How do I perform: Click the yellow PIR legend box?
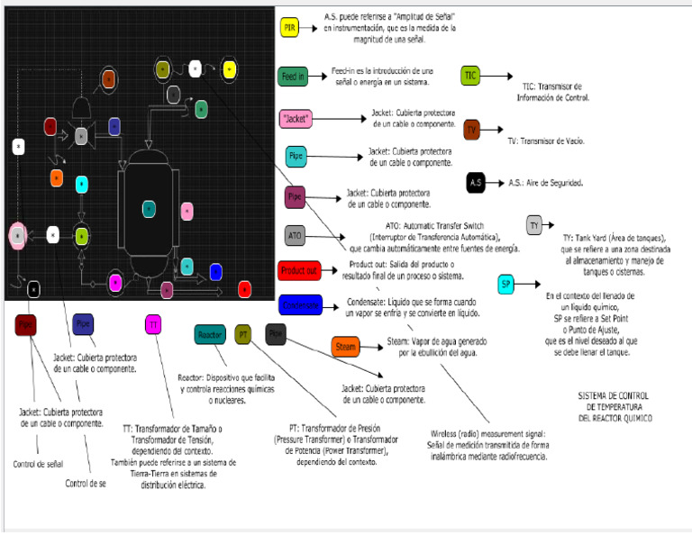(289, 28)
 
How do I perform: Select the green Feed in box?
(293, 77)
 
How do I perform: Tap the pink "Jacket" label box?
(296, 118)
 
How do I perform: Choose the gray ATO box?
(295, 236)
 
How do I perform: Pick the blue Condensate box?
(299, 305)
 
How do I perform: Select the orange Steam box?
(346, 346)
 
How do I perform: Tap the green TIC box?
(470, 76)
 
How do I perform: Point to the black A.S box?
(477, 183)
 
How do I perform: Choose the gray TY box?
(534, 225)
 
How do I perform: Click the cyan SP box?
(506, 285)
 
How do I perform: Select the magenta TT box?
(154, 324)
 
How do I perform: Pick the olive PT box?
(243, 335)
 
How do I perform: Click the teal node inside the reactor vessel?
(150, 208)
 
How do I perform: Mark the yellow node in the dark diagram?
(229, 68)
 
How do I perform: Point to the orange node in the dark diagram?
(57, 178)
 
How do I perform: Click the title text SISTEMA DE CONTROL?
(613, 395)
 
